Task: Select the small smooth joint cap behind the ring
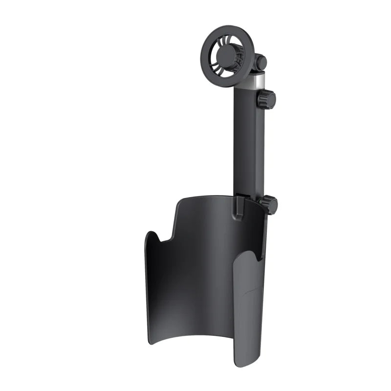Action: (x=261, y=63)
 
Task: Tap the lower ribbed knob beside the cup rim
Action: (x=269, y=204)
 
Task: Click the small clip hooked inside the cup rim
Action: (x=240, y=206)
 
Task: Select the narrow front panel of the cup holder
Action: (x=247, y=313)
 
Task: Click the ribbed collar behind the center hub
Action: (x=238, y=52)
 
